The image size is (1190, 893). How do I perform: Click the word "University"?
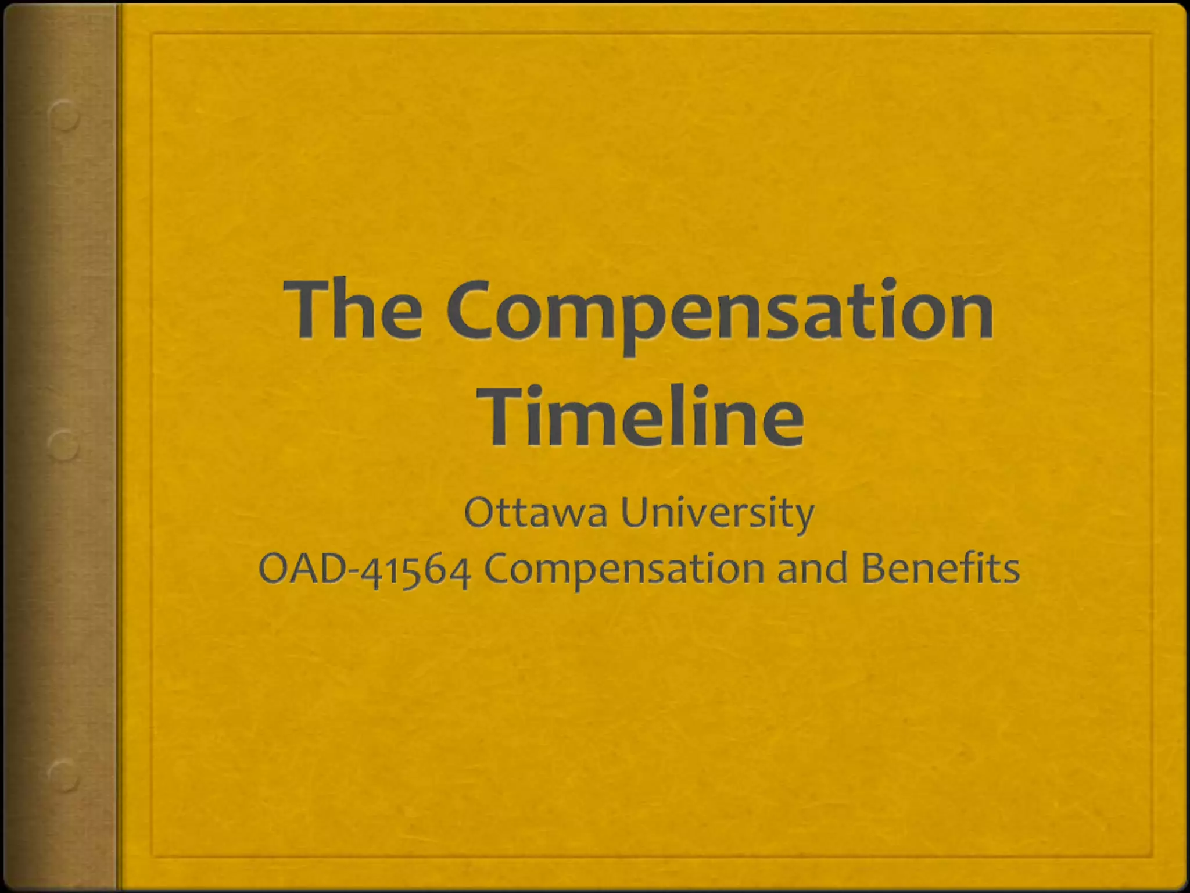pos(717,513)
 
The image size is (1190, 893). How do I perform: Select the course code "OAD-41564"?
pos(364,569)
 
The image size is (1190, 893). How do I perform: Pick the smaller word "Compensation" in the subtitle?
pos(624,570)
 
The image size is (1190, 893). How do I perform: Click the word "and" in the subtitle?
pos(812,569)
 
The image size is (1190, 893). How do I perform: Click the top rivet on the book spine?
pos(64,116)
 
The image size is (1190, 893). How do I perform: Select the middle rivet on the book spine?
pos(63,446)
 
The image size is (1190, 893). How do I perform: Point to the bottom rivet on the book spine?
pos(63,775)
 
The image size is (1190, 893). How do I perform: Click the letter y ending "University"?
pos(804,517)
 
